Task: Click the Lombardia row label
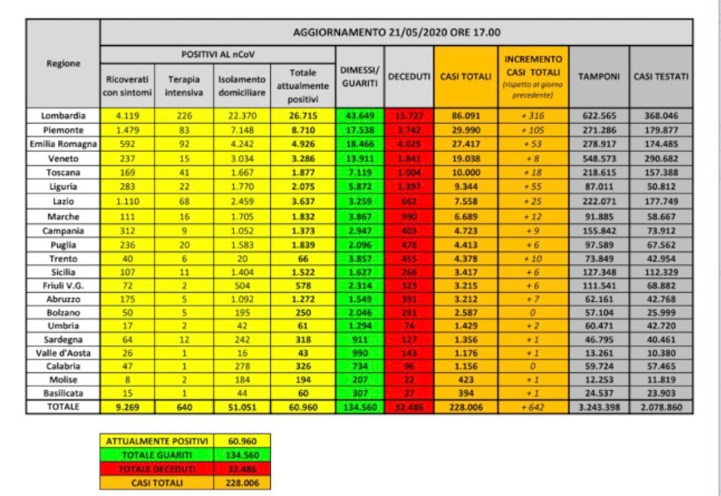[x=63, y=116]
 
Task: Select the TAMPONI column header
[x=600, y=76]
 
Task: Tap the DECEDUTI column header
[x=408, y=76]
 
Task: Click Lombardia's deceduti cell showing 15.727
[x=408, y=116]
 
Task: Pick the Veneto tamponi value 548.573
[x=600, y=159]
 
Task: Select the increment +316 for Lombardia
[x=532, y=116]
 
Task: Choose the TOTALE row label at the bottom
[x=63, y=408]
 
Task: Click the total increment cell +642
[x=532, y=408]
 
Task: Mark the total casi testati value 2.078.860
[x=661, y=408]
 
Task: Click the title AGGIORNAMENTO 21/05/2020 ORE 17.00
[x=396, y=33]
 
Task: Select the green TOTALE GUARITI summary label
[x=156, y=455]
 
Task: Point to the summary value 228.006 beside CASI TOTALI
[x=242, y=483]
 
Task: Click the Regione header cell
[x=63, y=63]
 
